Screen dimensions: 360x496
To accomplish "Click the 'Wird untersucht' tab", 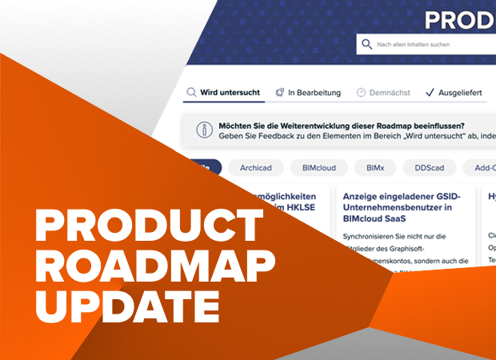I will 223,93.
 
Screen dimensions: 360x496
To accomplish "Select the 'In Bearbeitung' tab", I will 307,93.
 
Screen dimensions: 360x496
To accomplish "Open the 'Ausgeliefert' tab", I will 454,93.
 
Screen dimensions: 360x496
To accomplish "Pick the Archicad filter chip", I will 260,168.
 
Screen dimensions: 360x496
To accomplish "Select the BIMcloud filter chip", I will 313,168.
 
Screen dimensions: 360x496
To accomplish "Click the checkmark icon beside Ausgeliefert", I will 430,93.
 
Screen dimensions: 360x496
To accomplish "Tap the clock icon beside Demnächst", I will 362,93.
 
